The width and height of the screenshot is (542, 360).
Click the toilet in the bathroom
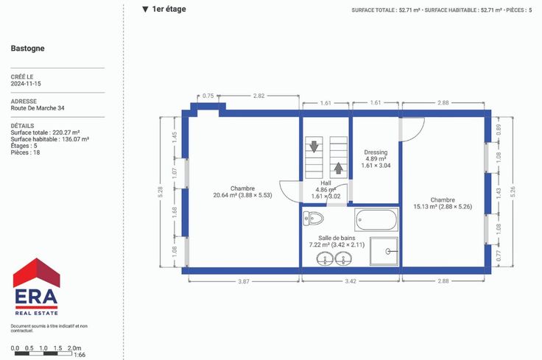313,218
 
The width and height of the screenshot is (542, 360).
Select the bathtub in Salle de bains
376,219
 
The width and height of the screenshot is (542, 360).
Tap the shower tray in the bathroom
384,251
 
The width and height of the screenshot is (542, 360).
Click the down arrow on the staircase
314,147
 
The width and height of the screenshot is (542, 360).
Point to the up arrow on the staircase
339,169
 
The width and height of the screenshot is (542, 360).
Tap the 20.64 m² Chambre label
243,191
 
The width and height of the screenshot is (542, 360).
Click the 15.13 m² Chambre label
443,203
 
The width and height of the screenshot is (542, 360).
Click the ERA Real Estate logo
36,286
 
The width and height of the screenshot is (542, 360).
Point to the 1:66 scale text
80,355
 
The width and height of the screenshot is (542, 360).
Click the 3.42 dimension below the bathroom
351,281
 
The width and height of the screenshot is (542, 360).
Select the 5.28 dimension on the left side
160,192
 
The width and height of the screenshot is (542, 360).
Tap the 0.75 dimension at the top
208,96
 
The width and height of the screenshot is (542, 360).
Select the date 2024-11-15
26,84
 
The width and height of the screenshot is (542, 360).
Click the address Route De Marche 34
38,108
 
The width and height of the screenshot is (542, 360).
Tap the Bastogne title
28,49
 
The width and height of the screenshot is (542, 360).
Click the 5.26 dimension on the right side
513,192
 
